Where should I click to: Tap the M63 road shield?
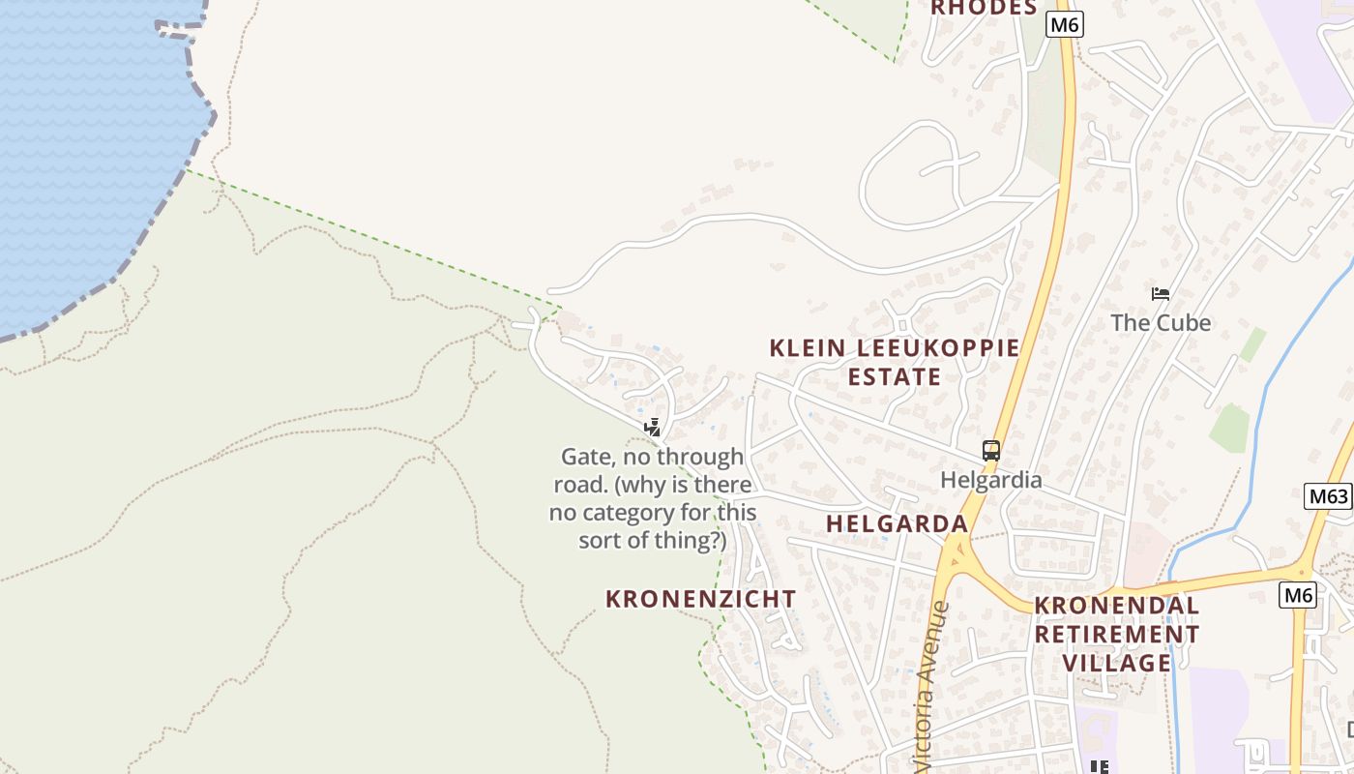[x=1328, y=497]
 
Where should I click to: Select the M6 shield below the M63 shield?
[x=1297, y=595]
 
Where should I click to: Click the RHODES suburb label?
[x=984, y=8]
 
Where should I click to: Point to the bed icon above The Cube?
[x=1161, y=294]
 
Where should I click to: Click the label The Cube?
[x=1161, y=322]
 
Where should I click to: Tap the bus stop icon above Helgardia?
[x=991, y=451]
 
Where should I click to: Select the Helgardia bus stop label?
[x=991, y=480]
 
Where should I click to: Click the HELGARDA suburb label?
[x=897, y=523]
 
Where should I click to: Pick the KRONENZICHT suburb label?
[x=700, y=599]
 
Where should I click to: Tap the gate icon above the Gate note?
[x=653, y=427]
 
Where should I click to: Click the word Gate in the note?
[x=585, y=457]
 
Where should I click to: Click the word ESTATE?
[x=895, y=376]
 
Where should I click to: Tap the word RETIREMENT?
[x=1117, y=635]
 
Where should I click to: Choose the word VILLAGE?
[x=1117, y=663]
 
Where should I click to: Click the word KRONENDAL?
[x=1117, y=606]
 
